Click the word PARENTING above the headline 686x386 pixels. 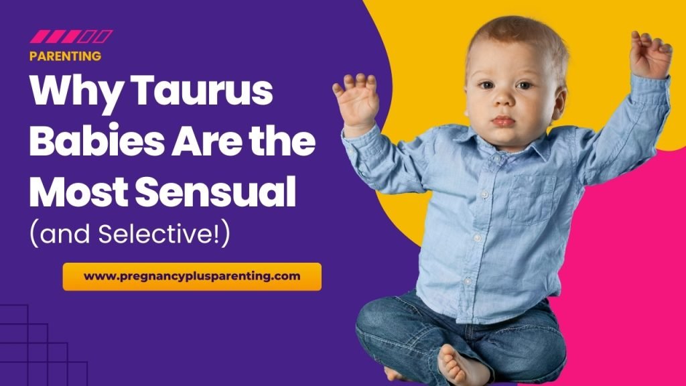65,56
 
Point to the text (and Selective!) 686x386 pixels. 130,234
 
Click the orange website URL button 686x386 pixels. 192,276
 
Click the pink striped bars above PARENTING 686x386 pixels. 71,36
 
